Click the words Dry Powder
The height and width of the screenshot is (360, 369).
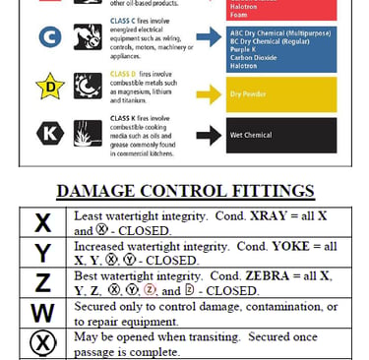[249, 96]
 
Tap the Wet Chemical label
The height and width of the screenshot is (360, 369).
[253, 132]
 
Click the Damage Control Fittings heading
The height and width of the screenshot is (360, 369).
[184, 191]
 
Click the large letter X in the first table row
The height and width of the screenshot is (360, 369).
[41, 222]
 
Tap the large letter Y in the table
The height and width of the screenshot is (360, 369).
[41, 254]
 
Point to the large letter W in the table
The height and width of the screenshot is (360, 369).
[41, 315]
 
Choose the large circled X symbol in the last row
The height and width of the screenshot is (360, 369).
[41, 344]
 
